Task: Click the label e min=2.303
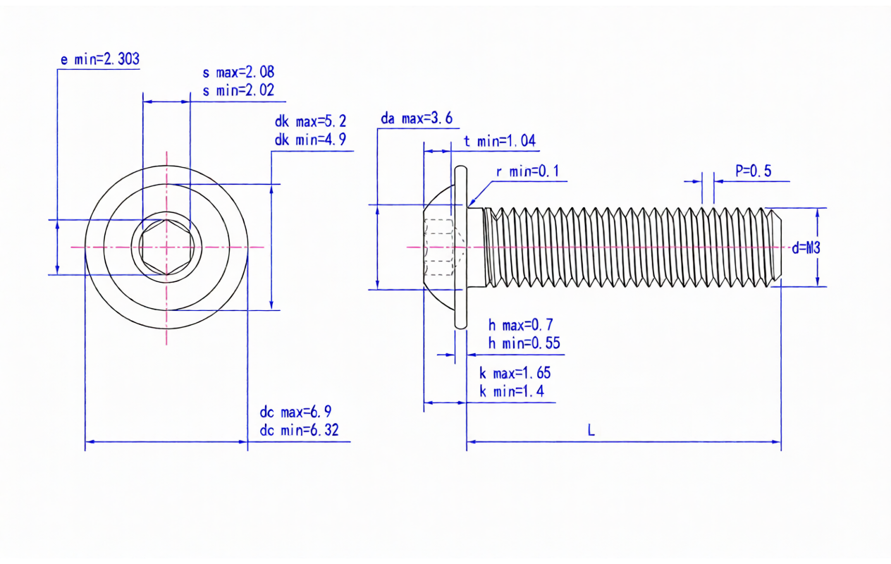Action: pyautogui.click(x=99, y=59)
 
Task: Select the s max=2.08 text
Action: pyautogui.click(x=238, y=72)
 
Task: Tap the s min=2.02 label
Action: pyautogui.click(x=238, y=90)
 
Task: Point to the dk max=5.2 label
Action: pyautogui.click(x=310, y=121)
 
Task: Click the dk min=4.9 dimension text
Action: pyautogui.click(x=310, y=140)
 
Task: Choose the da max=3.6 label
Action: pyautogui.click(x=416, y=118)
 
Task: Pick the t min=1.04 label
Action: pyautogui.click(x=499, y=141)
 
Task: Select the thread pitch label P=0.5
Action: pyautogui.click(x=753, y=171)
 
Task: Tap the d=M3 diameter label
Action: pyautogui.click(x=806, y=247)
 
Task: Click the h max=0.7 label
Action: pyautogui.click(x=520, y=325)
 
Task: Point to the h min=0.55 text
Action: pyautogui.click(x=524, y=343)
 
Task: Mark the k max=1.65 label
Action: pyautogui.click(x=515, y=373)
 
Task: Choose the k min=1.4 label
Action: pyautogui.click(x=511, y=391)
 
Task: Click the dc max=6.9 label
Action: pyautogui.click(x=295, y=412)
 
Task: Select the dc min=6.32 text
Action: pyautogui.click(x=299, y=430)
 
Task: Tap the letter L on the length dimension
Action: pyautogui.click(x=591, y=430)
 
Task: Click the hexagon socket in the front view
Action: pyautogui.click(x=166, y=247)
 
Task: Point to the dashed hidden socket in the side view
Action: pyautogui.click(x=440, y=247)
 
